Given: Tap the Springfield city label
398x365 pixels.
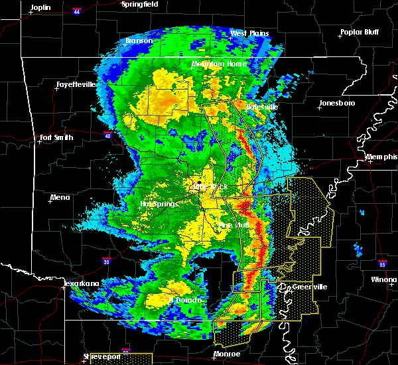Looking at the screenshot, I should pyautogui.click(x=139, y=4).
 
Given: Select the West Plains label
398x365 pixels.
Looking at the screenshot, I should pyautogui.click(x=247, y=33).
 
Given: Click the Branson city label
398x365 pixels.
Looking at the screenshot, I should pyautogui.click(x=139, y=40).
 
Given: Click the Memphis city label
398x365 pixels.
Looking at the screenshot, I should pyautogui.click(x=381, y=157).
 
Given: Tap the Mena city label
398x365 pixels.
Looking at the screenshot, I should pyautogui.click(x=60, y=197).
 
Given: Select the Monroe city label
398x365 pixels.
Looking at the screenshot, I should pyautogui.click(x=227, y=354).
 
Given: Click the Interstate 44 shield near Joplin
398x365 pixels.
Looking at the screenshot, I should pyautogui.click(x=77, y=11).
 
